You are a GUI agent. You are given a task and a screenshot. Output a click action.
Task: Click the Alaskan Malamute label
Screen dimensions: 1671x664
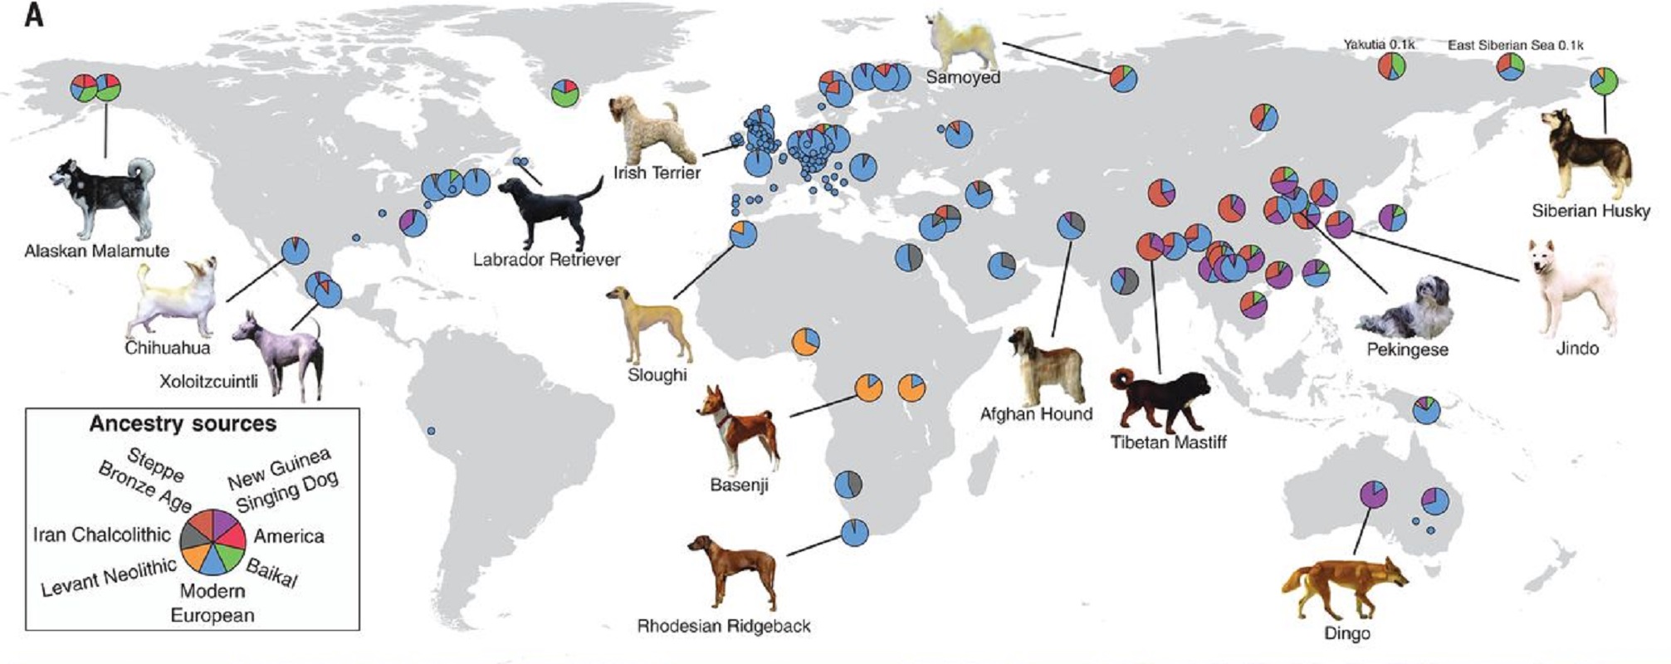point(97,251)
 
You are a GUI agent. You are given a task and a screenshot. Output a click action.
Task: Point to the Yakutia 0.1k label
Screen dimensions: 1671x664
point(1379,45)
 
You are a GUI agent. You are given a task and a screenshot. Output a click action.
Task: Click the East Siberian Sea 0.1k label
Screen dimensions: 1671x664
point(1515,45)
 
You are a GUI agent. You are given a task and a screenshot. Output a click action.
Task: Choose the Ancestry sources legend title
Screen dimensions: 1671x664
point(183,424)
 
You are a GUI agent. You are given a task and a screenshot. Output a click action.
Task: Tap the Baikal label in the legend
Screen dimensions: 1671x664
point(271,574)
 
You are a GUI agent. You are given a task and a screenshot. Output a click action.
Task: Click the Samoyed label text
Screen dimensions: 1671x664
point(963,77)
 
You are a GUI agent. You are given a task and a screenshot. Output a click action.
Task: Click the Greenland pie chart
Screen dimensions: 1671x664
point(564,91)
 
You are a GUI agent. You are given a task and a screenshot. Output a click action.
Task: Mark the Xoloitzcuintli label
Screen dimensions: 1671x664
point(208,382)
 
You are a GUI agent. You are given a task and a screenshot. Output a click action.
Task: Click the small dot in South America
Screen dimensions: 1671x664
point(431,431)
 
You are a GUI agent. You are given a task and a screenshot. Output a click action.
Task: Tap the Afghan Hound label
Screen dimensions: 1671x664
point(1036,413)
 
